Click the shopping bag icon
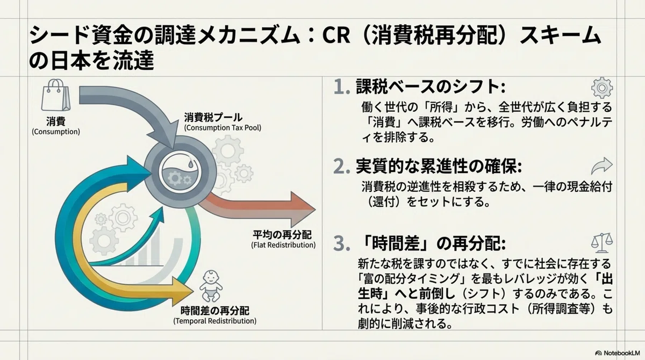56,95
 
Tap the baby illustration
211,286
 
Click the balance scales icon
602,243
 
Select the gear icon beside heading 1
602,88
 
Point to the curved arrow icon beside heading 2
602,165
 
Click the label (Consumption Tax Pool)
223,127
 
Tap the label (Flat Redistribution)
283,245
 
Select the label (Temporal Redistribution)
215,321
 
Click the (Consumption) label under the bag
56,132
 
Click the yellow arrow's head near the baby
182,291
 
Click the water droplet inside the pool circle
191,163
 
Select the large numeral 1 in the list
341,87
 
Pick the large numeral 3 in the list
341,243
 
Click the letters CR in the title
336,35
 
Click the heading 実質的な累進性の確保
437,167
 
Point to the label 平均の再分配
282,235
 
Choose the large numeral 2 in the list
341,167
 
